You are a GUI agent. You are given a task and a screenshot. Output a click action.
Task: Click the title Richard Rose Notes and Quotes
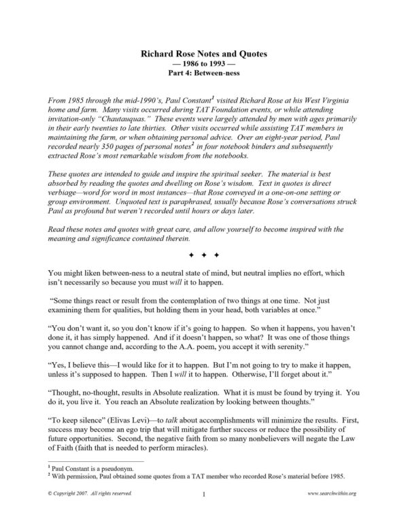[x=204, y=52]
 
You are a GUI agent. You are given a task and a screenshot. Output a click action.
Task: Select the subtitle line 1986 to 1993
[x=204, y=62]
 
